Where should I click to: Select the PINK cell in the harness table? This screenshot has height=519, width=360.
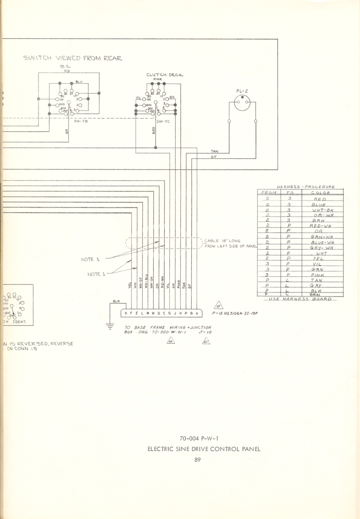(318, 274)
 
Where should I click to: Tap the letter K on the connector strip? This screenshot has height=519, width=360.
(125, 313)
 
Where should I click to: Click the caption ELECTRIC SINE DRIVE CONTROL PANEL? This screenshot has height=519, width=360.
(204, 449)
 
